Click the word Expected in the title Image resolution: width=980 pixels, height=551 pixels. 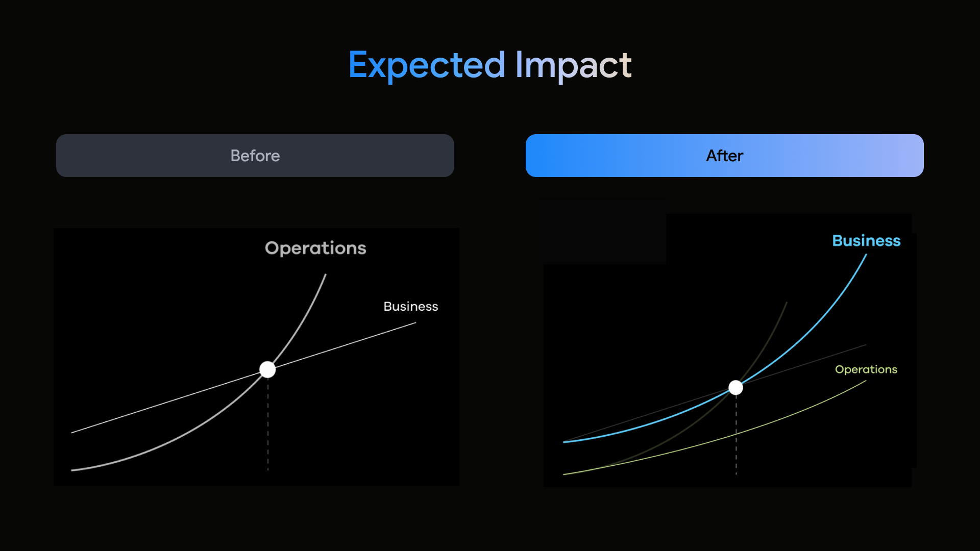click(427, 65)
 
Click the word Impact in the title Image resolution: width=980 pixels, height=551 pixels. click(574, 65)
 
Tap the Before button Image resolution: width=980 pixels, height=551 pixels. click(255, 156)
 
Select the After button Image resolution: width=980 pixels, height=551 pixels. click(725, 156)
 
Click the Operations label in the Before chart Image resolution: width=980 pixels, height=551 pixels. click(315, 248)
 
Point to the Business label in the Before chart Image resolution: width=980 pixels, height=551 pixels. click(411, 306)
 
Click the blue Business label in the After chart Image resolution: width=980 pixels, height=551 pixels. click(866, 240)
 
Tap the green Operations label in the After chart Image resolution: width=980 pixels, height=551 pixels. click(866, 369)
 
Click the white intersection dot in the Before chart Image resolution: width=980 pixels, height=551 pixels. click(267, 369)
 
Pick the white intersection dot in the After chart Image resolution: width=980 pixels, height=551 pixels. click(736, 388)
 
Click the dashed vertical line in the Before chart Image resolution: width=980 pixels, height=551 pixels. click(268, 423)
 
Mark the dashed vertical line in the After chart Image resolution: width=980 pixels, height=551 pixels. click(736, 435)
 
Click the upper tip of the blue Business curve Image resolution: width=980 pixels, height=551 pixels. click(867, 254)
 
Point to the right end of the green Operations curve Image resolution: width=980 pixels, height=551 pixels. click(866, 381)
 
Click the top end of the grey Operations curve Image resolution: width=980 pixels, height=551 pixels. click(326, 274)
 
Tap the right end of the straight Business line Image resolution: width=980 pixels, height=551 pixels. click(416, 322)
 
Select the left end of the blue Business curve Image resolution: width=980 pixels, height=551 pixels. click(563, 442)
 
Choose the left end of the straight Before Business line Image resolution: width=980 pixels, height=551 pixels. click(71, 433)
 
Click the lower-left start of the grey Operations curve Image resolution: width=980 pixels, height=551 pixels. click(71, 470)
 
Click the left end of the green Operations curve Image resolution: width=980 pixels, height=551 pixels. click(563, 474)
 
